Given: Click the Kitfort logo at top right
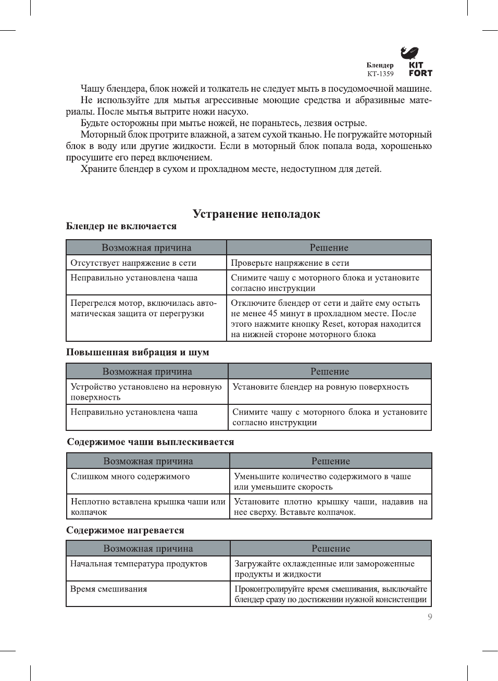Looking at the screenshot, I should pyautogui.click(x=416, y=61).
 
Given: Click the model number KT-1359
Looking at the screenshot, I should pyautogui.click(x=380, y=74).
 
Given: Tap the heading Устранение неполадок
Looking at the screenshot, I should pyautogui.click(x=256, y=214).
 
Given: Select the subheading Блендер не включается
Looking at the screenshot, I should pyautogui.click(x=121, y=226).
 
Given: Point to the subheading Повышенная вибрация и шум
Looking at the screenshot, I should pyautogui.click(x=138, y=352).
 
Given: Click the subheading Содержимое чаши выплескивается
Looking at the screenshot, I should pyautogui.click(x=151, y=442).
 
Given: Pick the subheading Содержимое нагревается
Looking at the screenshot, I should pyautogui.click(x=125, y=530).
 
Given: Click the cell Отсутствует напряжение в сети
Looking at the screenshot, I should pyautogui.click(x=133, y=263).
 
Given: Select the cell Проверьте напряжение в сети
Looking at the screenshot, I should pyautogui.click(x=290, y=263).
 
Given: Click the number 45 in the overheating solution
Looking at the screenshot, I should pyautogui.click(x=273, y=314).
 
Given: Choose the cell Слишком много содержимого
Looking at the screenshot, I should pyautogui.click(x=130, y=476).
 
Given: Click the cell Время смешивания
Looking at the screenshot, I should pyautogui.click(x=109, y=589).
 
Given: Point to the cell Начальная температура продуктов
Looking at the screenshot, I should pyautogui.click(x=139, y=564).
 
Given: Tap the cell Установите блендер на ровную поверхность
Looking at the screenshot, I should pyautogui.click(x=320, y=387).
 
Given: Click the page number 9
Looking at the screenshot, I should pyautogui.click(x=430, y=617).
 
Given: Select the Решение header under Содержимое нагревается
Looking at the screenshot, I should pyautogui.click(x=331, y=549).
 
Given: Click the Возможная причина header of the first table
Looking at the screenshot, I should pyautogui.click(x=146, y=248).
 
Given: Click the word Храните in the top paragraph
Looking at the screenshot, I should pyautogui.click(x=99, y=169).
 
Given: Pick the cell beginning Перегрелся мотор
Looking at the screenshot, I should pyautogui.click(x=143, y=308).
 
